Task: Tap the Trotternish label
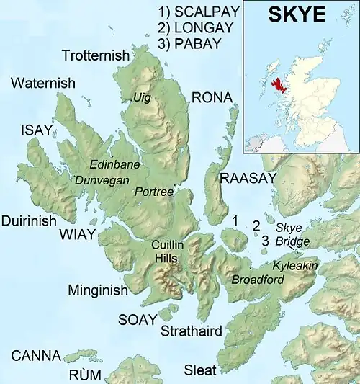[96, 55]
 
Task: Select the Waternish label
[43, 84]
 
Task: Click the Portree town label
[154, 192]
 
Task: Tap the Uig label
[140, 97]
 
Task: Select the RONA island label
[212, 97]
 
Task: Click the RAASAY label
[248, 178]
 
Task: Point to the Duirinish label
[29, 221]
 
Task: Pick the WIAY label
[76, 234]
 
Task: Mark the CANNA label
[31, 356]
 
